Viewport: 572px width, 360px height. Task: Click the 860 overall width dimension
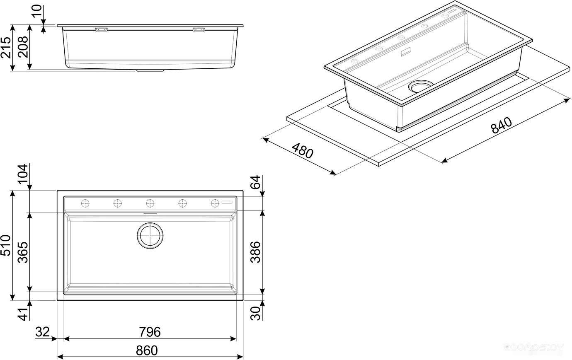click(x=147, y=350)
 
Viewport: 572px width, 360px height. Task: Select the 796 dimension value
click(x=149, y=332)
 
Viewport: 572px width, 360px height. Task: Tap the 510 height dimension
click(x=6, y=245)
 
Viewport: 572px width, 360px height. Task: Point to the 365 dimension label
click(x=23, y=251)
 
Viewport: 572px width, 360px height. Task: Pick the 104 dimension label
click(x=23, y=174)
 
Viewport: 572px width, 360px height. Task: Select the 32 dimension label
click(x=42, y=332)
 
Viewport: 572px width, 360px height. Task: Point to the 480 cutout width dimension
click(x=302, y=152)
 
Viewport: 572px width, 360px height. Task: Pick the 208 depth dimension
click(x=23, y=47)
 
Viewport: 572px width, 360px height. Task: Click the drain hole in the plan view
click(x=150, y=236)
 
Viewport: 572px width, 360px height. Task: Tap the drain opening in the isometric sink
click(x=421, y=86)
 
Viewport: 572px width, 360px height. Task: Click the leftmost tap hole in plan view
click(x=85, y=203)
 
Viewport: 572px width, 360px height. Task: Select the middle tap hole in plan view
click(x=150, y=203)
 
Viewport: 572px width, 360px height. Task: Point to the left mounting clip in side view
click(x=102, y=29)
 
